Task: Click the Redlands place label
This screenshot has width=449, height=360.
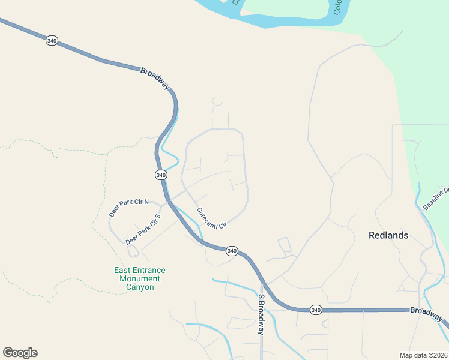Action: [x=388, y=235]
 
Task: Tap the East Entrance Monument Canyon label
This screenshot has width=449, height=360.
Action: [x=140, y=278]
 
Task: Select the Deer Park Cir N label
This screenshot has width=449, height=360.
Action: [x=128, y=208]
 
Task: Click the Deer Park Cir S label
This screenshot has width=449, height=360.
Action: [x=143, y=229]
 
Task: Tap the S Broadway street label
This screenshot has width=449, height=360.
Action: [x=261, y=315]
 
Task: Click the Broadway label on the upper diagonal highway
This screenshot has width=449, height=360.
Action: [x=155, y=79]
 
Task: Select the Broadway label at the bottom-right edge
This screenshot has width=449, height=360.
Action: [x=428, y=314]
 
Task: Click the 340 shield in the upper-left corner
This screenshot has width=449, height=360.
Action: [x=52, y=41]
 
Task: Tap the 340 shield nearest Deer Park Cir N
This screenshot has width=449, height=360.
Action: [x=160, y=175]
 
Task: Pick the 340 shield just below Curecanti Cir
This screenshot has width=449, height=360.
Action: [x=232, y=251]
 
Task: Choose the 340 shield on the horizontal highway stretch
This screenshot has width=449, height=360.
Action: [x=316, y=310]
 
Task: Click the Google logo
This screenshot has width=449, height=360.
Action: [x=20, y=352]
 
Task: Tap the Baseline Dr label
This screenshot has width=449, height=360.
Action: [x=436, y=199]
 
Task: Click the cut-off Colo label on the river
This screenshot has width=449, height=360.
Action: [x=337, y=7]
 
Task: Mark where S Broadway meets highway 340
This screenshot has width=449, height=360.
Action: [x=262, y=282]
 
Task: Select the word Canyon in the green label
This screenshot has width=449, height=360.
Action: [x=140, y=287]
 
